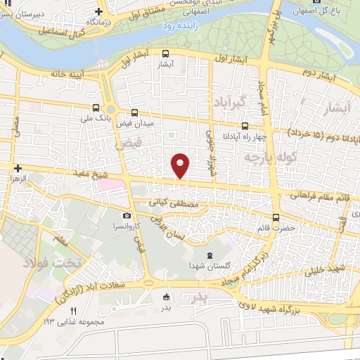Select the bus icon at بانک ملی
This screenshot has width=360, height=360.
click(96, 108)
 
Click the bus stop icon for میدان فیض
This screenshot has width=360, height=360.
click(134, 112)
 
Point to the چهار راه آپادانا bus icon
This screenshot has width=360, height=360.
click(244, 126)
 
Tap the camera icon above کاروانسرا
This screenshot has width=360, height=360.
click(127, 215)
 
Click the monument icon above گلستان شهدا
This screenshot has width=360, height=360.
click(207, 255)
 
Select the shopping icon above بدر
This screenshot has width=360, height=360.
click(166, 296)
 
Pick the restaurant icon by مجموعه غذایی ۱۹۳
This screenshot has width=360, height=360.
click(71, 310)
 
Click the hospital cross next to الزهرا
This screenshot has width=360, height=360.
click(18, 168)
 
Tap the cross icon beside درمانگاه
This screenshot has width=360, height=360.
click(98, 12)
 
